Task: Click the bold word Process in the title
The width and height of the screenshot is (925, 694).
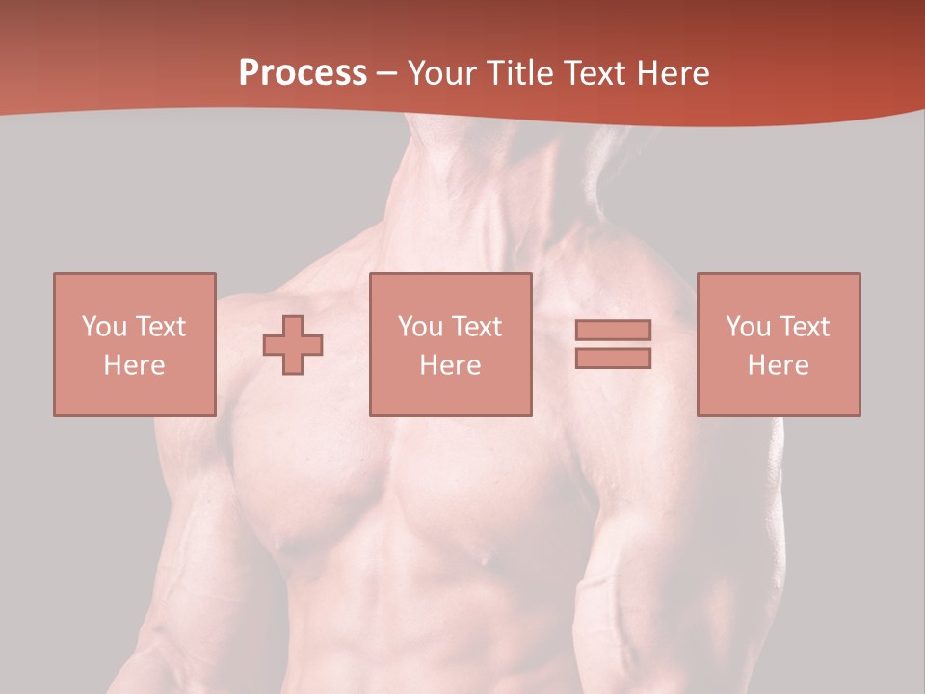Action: click(x=303, y=73)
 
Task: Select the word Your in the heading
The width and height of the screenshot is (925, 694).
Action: click(x=442, y=73)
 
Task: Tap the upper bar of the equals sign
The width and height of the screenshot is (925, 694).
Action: click(x=613, y=330)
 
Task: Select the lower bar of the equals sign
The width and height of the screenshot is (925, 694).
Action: click(x=613, y=358)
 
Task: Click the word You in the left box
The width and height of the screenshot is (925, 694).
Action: click(x=104, y=326)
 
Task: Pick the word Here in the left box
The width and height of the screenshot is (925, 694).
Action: click(x=134, y=365)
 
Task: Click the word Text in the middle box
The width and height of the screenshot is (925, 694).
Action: click(x=477, y=326)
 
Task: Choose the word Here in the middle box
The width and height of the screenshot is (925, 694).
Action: click(x=450, y=365)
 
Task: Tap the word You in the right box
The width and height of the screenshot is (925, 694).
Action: click(x=748, y=326)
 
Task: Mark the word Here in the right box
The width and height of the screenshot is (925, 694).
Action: click(x=778, y=365)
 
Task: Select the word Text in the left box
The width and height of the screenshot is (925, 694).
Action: click(x=160, y=326)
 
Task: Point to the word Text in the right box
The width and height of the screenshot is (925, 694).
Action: click(x=805, y=326)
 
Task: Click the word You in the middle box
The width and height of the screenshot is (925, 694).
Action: click(x=420, y=326)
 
